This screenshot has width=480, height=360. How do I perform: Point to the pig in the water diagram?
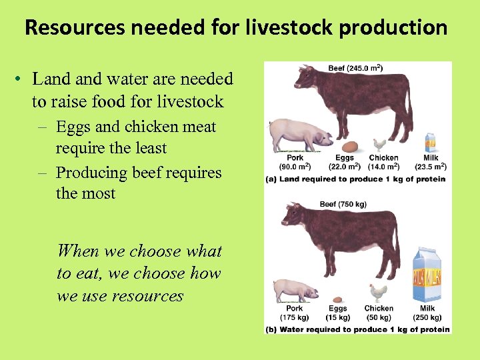point(294,290)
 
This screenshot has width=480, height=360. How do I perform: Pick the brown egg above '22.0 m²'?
point(349,146)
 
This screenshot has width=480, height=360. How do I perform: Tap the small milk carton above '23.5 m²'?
point(430,143)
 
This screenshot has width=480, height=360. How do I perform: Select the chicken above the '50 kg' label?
point(378,292)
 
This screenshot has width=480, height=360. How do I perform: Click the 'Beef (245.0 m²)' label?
point(355,67)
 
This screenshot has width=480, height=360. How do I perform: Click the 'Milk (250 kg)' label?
point(427,313)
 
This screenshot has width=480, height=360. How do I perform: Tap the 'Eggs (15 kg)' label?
point(338,313)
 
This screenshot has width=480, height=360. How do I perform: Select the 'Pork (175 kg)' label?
point(294,313)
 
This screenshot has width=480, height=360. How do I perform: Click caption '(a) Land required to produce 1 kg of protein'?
point(355,179)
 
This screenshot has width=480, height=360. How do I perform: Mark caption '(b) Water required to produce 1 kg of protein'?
point(357,329)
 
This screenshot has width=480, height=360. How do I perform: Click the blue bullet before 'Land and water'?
point(21,79)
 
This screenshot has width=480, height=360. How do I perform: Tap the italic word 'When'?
point(78,251)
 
